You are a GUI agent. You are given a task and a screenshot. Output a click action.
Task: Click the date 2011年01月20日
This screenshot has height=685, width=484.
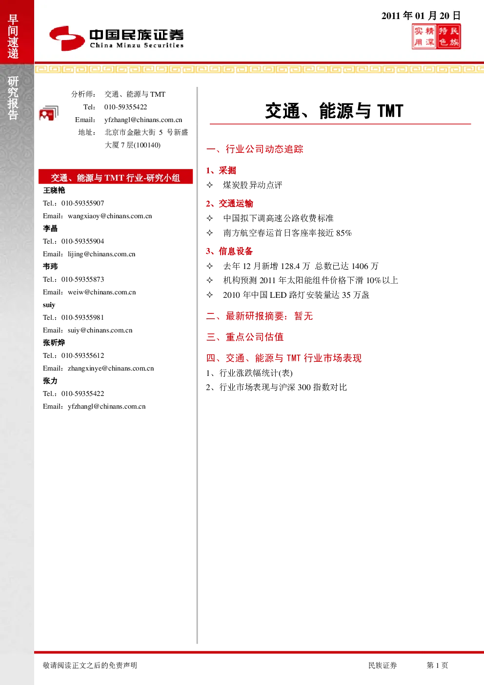click(421, 16)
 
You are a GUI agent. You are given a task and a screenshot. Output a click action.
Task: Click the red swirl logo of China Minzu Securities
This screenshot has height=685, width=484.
click(67, 38)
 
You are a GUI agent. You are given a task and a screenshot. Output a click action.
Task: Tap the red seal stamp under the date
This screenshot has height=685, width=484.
click(436, 37)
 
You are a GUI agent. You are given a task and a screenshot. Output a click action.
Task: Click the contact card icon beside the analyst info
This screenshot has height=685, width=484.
click(49, 113)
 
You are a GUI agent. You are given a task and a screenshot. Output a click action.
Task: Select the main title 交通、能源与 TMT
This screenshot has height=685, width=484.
click(334, 111)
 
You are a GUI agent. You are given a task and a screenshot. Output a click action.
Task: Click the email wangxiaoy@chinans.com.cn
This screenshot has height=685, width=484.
click(110, 216)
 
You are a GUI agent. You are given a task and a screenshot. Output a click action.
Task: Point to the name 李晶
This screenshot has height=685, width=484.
click(50, 228)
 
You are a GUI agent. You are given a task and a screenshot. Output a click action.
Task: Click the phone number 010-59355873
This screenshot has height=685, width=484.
click(82, 279)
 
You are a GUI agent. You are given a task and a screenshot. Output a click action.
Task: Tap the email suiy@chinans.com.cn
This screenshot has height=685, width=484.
click(100, 330)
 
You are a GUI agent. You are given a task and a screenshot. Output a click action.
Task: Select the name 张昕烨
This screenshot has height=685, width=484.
click(54, 343)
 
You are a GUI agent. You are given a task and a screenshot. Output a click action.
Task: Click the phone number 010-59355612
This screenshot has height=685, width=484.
click(82, 355)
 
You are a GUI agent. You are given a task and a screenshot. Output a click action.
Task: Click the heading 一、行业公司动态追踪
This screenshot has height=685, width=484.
click(255, 149)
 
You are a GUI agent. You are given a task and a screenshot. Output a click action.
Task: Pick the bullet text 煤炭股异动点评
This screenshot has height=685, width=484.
click(252, 185)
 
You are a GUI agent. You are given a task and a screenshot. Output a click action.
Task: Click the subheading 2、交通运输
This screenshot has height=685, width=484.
click(229, 204)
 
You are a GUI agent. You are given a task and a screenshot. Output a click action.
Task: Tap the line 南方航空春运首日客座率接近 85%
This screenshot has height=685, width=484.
click(287, 233)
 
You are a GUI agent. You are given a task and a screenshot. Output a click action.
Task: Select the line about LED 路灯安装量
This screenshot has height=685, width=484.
click(296, 295)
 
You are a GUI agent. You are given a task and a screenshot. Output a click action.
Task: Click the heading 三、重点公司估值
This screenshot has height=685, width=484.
click(245, 337)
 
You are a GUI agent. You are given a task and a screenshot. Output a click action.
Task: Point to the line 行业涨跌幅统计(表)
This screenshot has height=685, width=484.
click(256, 373)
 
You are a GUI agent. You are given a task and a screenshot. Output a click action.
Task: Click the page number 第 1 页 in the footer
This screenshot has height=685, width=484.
click(437, 665)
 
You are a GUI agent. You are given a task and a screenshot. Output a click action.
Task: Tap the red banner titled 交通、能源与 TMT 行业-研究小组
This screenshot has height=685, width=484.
click(116, 177)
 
